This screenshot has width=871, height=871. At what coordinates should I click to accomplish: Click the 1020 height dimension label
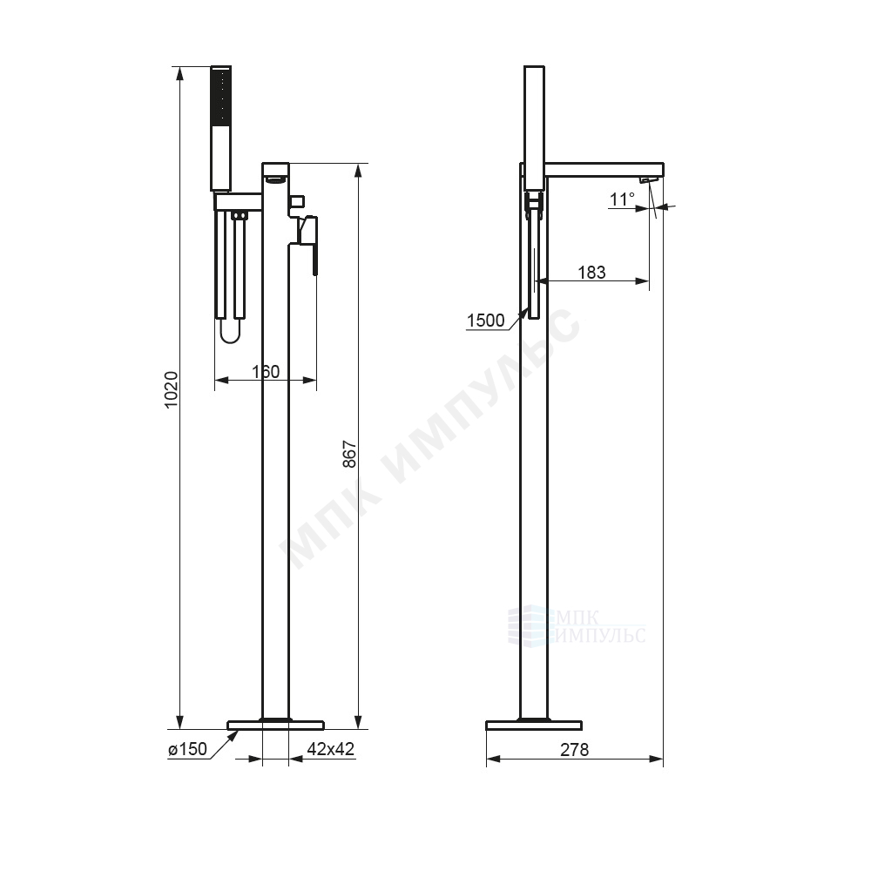(172, 389)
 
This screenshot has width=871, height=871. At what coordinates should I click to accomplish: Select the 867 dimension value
(349, 455)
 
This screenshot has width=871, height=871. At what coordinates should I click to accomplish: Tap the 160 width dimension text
(266, 372)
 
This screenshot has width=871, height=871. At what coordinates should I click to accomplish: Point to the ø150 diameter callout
(188, 749)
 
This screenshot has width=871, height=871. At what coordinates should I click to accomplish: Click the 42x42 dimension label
(330, 749)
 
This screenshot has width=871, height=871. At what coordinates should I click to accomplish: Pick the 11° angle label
(622, 199)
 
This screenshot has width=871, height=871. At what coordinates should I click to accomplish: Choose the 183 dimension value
(591, 272)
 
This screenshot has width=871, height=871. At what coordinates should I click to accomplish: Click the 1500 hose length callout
(485, 321)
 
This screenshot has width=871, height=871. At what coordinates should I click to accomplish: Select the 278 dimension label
(574, 750)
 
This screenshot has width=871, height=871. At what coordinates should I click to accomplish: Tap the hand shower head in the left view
(220, 129)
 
